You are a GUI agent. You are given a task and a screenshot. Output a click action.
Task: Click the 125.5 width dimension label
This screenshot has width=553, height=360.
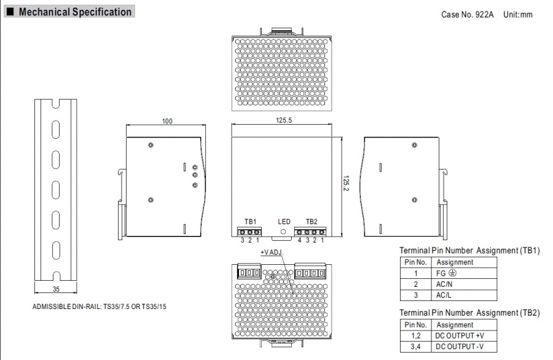point(283,120)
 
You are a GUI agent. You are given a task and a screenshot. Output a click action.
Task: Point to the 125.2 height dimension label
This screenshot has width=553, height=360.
point(345,183)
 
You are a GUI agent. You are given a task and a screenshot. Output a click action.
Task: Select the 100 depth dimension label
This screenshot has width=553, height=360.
point(167,121)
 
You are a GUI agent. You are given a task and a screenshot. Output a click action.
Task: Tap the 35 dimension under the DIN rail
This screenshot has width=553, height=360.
point(56,289)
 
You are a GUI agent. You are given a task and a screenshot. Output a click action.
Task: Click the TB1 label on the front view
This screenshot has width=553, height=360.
point(251,221)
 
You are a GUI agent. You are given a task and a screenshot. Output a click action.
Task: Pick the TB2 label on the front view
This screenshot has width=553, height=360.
point(312,221)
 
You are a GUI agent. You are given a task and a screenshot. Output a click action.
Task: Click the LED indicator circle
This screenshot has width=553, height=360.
point(283,232)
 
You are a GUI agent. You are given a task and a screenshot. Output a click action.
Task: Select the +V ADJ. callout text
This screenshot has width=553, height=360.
point(272,252)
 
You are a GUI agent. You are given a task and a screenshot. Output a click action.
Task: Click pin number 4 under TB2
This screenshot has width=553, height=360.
point(299,240)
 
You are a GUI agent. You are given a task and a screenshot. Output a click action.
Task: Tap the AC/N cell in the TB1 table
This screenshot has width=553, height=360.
point(444,284)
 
